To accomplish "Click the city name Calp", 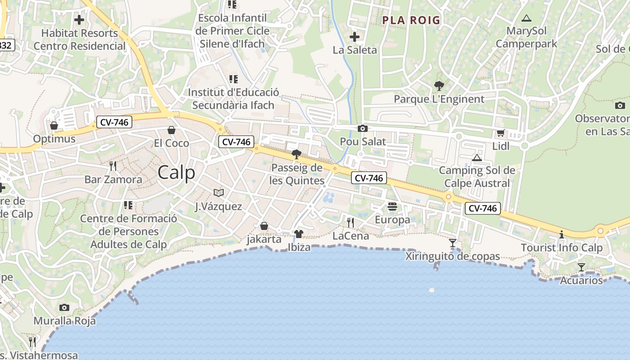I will click(x=176, y=173).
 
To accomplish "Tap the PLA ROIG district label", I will click(x=411, y=20).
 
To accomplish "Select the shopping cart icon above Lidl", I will click(x=500, y=133).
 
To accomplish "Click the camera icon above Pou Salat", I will click(x=362, y=129).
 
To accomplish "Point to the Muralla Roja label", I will click(x=64, y=321).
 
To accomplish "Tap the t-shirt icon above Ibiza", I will click(x=299, y=234).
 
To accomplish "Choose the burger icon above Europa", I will click(x=392, y=207).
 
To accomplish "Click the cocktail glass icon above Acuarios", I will click(x=581, y=267).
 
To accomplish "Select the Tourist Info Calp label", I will click(x=561, y=248).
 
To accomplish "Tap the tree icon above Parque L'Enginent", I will click(x=439, y=85).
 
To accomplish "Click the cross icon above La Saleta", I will click(x=355, y=36).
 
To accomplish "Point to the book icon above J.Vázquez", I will click(x=219, y=193).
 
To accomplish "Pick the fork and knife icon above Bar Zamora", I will click(x=113, y=166).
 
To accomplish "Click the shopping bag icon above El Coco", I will click(x=171, y=130).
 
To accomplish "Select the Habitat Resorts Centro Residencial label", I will click(x=80, y=40).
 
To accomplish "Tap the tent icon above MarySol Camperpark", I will click(x=526, y=18).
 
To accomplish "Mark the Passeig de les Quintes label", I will click(x=297, y=174).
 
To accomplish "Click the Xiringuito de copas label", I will click(x=452, y=256).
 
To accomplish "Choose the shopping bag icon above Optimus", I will click(x=54, y=125).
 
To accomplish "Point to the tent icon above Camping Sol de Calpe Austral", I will click(x=477, y=157).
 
